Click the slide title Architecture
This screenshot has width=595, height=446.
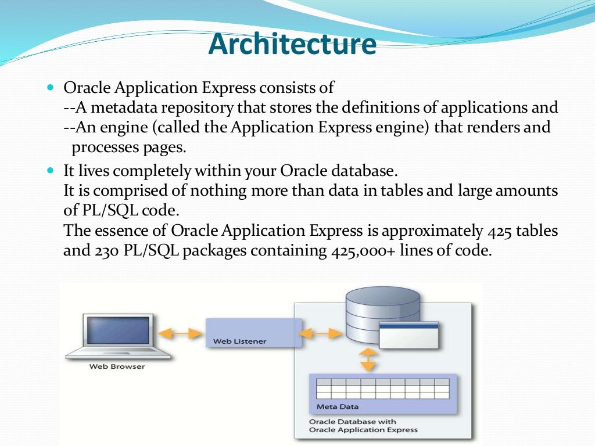click(292, 45)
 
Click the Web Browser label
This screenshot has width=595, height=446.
click(117, 366)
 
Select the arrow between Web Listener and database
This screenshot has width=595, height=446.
click(323, 333)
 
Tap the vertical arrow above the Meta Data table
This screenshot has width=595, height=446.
click(367, 360)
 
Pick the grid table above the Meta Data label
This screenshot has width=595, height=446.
click(383, 388)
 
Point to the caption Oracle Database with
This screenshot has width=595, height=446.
click(353, 422)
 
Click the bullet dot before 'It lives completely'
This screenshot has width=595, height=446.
click(49, 171)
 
